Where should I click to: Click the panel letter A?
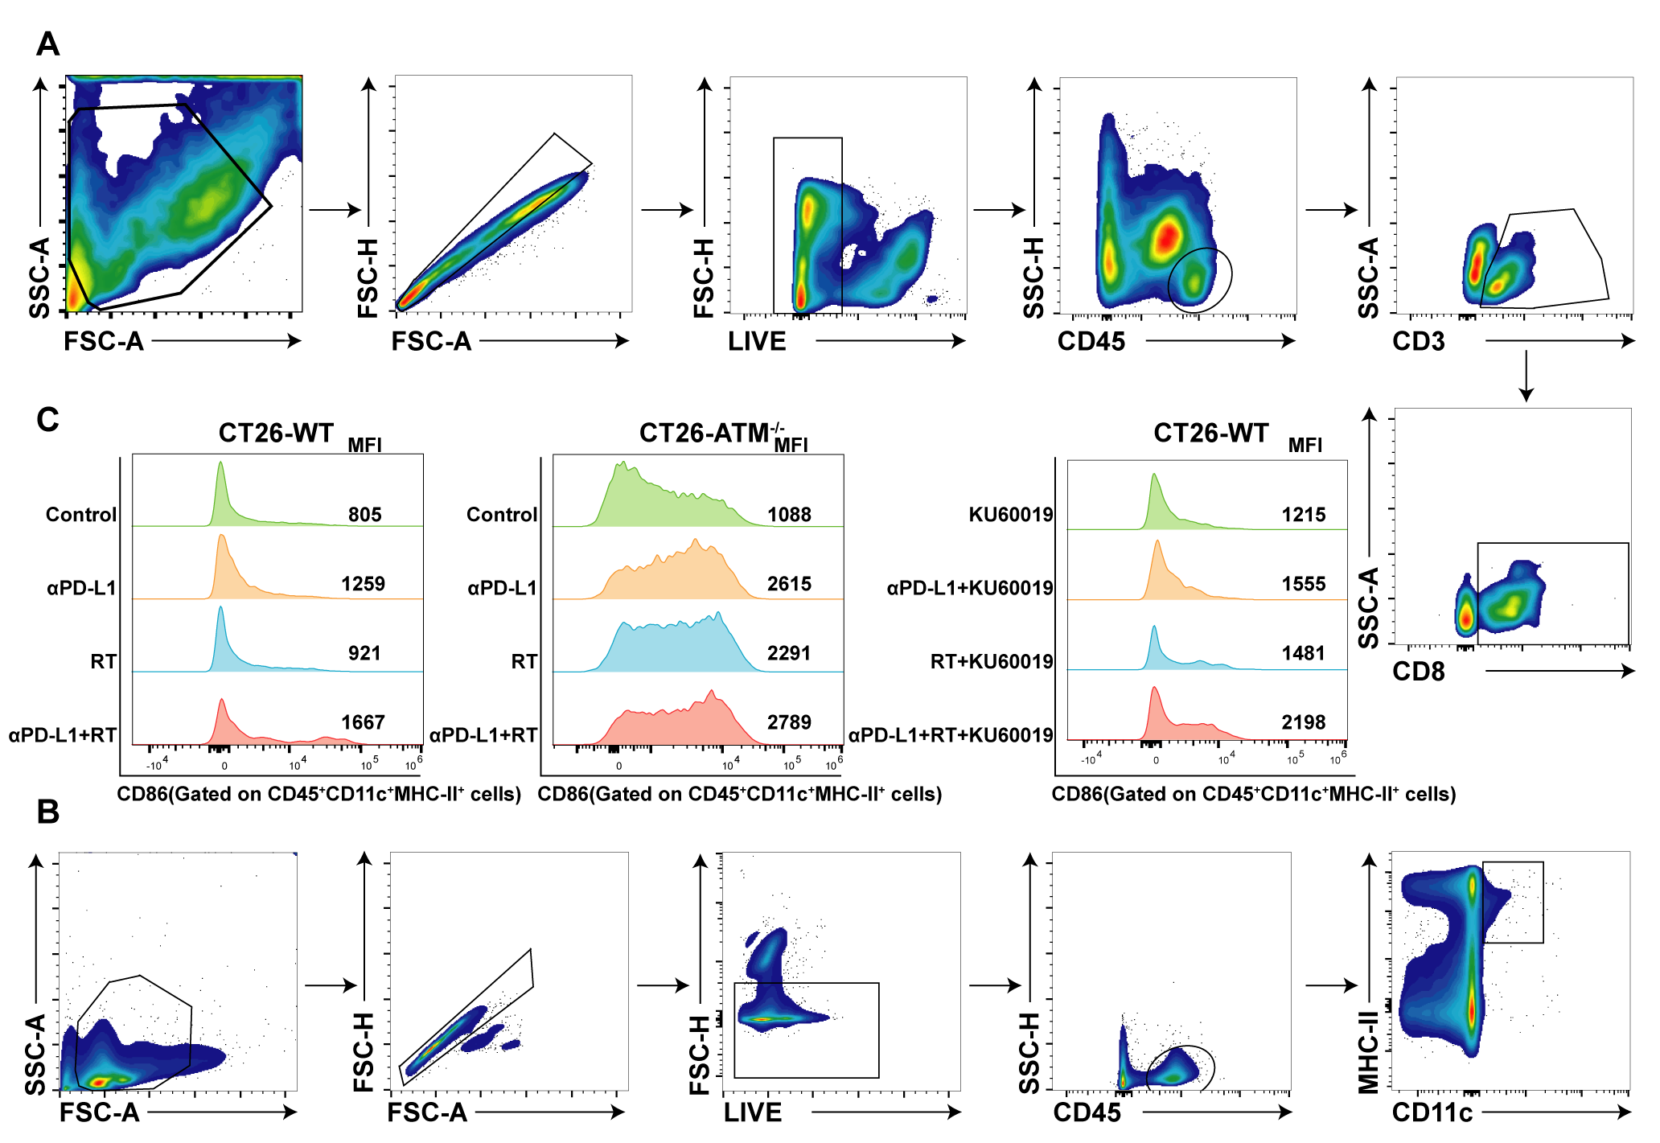pos(47,43)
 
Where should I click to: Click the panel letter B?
pos(47,812)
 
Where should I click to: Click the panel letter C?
pos(47,420)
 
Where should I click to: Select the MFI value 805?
pos(364,515)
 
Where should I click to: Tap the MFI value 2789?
pos(789,722)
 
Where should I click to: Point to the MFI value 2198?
pos(1303,722)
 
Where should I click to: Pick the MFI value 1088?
pos(789,515)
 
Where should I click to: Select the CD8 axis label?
pos(1418,672)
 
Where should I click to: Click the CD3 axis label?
pos(1418,341)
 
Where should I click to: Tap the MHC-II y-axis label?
pos(1369,1051)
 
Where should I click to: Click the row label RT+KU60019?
pos(992,662)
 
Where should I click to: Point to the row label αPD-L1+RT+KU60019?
pos(951,735)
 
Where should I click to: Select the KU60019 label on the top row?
pos(1011,515)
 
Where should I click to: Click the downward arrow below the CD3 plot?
pos(1525,376)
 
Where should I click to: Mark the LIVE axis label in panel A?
pos(757,341)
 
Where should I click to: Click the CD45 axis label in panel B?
pos(1087,1112)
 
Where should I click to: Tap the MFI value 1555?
pos(1303,584)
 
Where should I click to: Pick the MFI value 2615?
pos(789,584)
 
